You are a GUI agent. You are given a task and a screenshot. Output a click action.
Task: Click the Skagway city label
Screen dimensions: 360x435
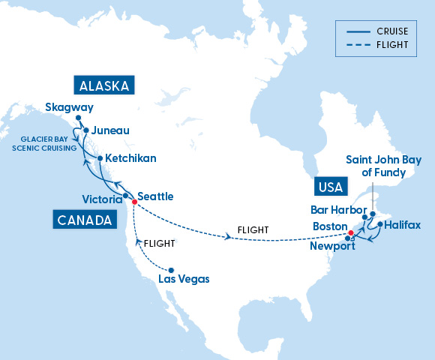[69, 108]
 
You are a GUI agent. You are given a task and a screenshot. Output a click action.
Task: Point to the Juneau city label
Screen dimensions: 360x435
[111, 130]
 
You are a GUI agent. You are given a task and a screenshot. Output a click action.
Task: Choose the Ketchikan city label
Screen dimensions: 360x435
[130, 159]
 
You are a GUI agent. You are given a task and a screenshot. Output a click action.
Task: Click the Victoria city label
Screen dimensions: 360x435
[102, 199]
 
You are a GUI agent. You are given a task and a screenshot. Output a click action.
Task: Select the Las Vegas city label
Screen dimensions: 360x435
[184, 279]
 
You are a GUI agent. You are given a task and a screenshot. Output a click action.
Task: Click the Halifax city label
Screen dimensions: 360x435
[403, 225]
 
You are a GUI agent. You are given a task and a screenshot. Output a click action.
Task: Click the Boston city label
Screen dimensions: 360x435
[329, 226]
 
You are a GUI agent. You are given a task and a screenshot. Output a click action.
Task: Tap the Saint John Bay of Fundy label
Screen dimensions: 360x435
[383, 166]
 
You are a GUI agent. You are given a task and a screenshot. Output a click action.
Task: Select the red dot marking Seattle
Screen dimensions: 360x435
[134, 202]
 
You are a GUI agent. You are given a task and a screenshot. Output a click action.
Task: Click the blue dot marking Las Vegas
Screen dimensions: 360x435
[172, 270]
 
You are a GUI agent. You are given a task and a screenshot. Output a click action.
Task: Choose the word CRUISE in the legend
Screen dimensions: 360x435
[391, 31]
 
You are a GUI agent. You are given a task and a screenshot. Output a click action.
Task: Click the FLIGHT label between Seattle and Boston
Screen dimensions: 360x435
[253, 229]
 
